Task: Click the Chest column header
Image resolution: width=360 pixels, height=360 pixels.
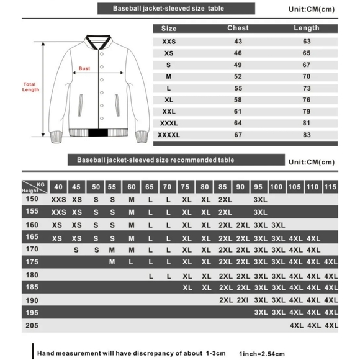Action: [x=238, y=28]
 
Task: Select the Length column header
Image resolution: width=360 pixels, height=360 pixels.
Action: [x=306, y=28]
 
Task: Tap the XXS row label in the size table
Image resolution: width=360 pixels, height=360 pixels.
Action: [x=169, y=41]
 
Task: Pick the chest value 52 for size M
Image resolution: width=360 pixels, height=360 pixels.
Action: [x=238, y=76]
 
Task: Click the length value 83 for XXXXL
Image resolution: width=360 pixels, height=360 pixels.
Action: [x=306, y=134]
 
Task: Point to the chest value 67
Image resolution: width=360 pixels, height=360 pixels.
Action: [x=238, y=134]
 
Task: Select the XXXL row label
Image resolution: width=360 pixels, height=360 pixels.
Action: [x=169, y=122]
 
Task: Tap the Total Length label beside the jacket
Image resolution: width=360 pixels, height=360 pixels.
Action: [x=30, y=87]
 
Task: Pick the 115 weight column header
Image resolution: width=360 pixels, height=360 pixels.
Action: [x=330, y=187]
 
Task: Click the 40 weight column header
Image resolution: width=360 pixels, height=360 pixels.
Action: [x=58, y=187]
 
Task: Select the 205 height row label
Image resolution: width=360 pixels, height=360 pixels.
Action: [x=31, y=324]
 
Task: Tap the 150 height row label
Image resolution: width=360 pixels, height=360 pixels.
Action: [x=31, y=199]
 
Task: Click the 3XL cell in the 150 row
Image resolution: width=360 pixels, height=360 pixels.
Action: [x=260, y=199]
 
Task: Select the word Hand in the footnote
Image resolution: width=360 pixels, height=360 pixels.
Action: [x=46, y=353]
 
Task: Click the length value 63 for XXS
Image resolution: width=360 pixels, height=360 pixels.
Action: [x=306, y=41]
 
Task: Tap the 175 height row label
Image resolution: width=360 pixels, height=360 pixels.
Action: [x=31, y=262]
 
